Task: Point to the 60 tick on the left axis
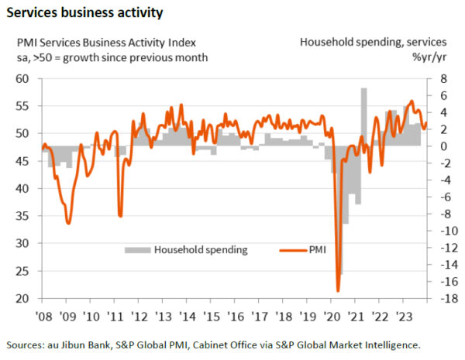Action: coord(22,79)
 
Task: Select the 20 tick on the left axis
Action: coord(22,299)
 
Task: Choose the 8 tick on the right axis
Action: coord(439,79)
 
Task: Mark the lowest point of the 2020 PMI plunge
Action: coord(339,291)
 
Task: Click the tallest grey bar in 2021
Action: coord(363,116)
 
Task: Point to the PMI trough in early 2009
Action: coord(68,223)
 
